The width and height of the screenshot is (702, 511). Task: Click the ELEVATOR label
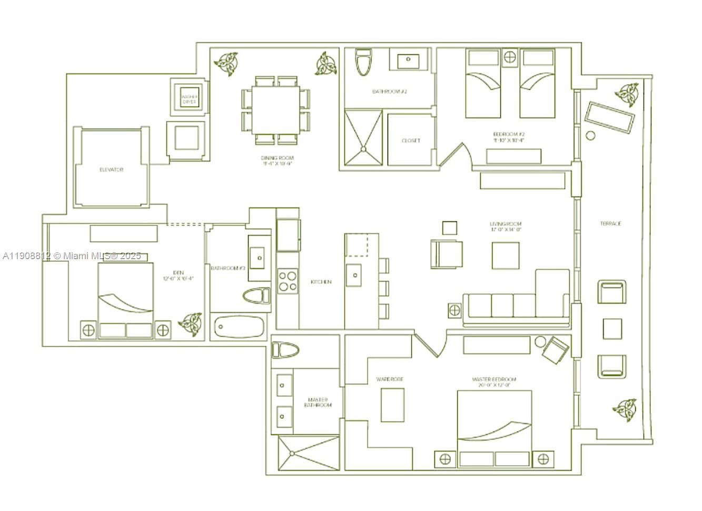[112, 170]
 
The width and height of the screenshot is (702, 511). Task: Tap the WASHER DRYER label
[189, 99]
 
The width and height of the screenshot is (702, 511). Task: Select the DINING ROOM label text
[277, 161]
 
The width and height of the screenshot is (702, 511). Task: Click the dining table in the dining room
[276, 110]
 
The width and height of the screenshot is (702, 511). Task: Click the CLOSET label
[411, 141]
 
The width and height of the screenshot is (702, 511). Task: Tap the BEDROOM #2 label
[509, 137]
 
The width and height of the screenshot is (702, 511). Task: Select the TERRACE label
[611, 223]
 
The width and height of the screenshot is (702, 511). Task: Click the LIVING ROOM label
[506, 227]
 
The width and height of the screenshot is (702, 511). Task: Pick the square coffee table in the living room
[506, 255]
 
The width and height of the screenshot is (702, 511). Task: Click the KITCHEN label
[321, 282]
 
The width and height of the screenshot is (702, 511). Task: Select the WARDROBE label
[390, 379]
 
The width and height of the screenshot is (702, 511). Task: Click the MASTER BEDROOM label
[494, 382]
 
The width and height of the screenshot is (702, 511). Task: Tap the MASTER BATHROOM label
[317, 402]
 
